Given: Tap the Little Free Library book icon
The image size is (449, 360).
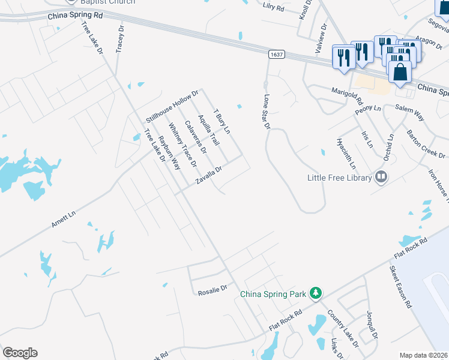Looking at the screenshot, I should (381, 177).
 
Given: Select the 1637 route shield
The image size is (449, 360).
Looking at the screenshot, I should (276, 54).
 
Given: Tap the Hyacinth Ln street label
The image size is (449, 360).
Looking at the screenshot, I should (347, 154).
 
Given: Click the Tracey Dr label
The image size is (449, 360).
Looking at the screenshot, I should (120, 38).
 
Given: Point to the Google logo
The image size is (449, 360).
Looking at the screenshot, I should (20, 353).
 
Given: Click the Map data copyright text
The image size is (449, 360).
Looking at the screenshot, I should (424, 355).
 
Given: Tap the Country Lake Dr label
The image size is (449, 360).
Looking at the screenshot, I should (343, 328).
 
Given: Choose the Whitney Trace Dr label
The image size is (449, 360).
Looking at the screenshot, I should (182, 145).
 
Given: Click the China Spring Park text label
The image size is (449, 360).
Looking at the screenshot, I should (274, 294).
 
